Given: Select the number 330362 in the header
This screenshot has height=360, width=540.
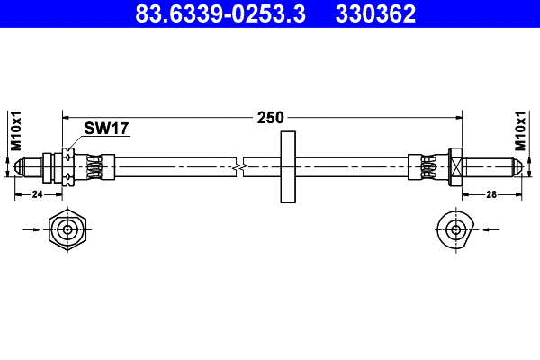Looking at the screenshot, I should point(376,13).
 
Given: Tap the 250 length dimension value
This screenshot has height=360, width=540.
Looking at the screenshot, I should point(270,117).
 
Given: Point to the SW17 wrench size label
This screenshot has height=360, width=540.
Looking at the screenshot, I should point(106,129).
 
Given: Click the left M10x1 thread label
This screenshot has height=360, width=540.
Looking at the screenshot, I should point(15,131).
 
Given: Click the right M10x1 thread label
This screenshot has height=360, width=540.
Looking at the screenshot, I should point(521,131).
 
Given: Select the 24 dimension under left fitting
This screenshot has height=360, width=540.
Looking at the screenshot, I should point(38,193).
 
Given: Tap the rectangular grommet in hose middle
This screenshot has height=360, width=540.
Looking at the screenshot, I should point(288,167).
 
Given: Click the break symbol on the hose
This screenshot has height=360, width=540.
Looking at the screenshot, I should point(239,167).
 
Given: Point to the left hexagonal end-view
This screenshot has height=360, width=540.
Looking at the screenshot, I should point(68,229).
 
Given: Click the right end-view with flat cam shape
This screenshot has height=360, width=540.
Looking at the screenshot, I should point(453,229).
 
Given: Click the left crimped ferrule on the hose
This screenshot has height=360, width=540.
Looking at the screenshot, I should point(100,167).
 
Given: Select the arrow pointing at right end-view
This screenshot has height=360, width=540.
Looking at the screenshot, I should point(490,229).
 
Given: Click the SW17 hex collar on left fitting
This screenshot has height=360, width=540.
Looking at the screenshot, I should point(67,167).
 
